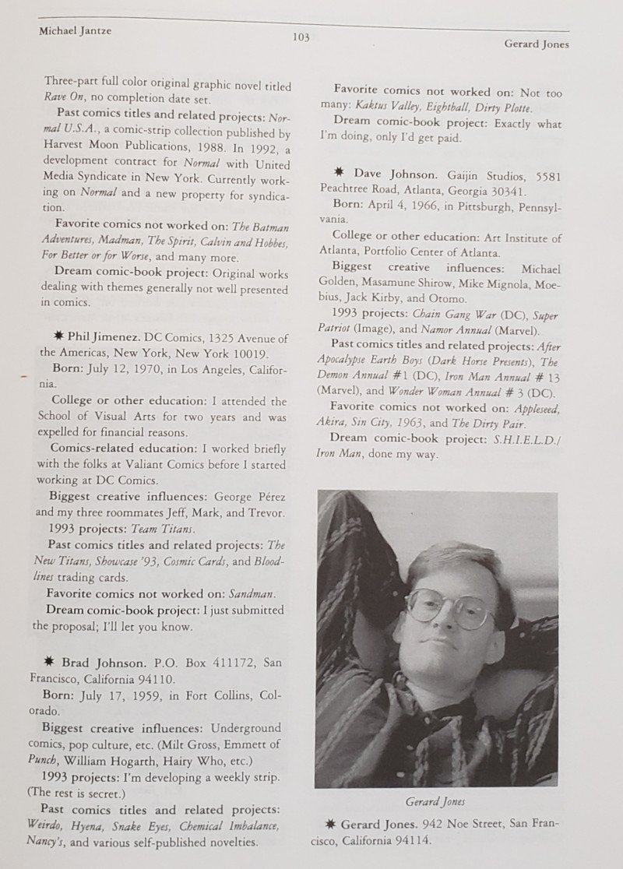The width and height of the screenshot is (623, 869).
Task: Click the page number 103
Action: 301,36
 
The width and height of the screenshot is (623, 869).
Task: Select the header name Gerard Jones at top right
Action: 537,44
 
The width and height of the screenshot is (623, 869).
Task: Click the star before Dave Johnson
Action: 340,173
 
